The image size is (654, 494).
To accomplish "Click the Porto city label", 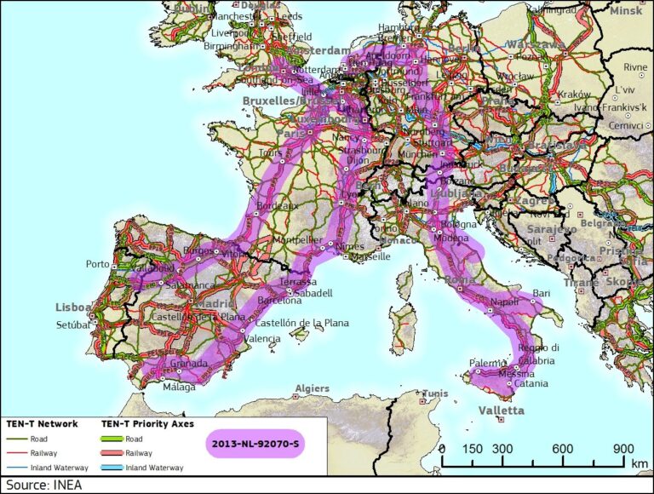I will (x=98, y=264).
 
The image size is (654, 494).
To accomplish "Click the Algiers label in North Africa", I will (x=312, y=389).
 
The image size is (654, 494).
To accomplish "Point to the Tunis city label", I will (x=434, y=393).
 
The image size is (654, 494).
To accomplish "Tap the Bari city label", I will (x=542, y=294).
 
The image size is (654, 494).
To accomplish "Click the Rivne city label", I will (x=634, y=67).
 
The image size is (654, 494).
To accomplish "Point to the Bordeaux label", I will (x=277, y=206).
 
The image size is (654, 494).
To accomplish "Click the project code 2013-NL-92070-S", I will (x=254, y=444).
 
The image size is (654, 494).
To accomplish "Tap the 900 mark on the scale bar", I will (x=623, y=449).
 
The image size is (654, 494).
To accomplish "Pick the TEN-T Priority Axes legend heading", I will (x=147, y=423).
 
